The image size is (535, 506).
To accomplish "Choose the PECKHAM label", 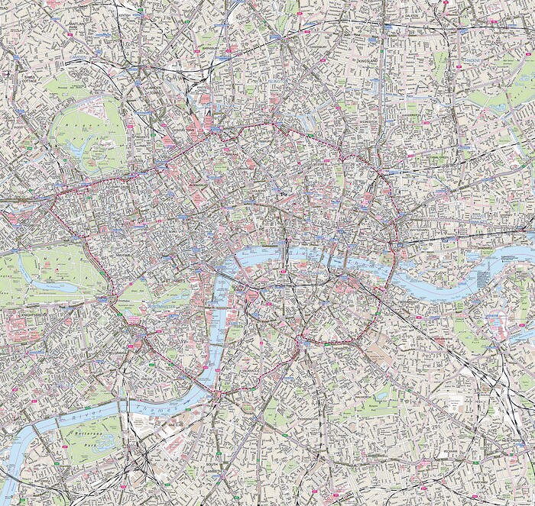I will tap(456, 450).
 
